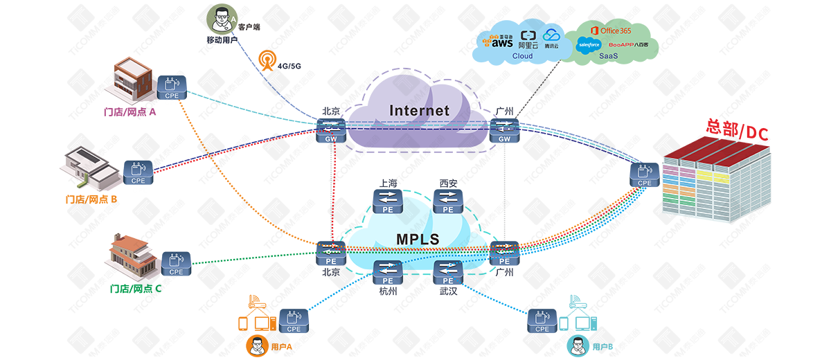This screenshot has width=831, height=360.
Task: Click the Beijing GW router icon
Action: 330,129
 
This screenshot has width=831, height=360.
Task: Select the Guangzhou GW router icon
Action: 503,129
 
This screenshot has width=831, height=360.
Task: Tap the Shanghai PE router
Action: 388,201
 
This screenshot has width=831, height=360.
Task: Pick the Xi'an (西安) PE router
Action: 448,201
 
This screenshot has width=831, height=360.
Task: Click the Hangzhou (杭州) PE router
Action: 388,272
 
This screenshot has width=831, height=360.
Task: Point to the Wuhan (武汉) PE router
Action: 448,272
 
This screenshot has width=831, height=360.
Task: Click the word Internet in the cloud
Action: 419,111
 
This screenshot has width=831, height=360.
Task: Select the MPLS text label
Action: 418,240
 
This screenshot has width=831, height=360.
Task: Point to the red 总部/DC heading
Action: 737,130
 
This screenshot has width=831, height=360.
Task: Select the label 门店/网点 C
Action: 136,288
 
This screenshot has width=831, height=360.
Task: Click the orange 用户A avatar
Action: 256,345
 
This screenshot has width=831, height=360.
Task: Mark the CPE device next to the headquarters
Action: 644,174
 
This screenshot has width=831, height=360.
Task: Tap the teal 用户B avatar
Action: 577,345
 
